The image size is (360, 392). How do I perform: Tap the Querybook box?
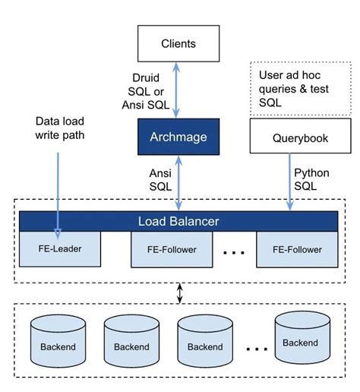click(290, 138)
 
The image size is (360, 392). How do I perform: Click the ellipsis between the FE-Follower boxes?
click(233, 251)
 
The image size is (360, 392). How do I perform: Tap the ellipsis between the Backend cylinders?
click(258, 348)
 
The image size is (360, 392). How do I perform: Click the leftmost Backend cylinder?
click(56, 340)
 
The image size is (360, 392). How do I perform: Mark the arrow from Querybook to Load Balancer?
click(290, 182)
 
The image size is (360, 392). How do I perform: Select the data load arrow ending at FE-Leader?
click(58, 190)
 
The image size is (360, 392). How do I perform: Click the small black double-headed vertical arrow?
click(179, 292)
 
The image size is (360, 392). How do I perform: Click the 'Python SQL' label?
click(311, 179)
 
